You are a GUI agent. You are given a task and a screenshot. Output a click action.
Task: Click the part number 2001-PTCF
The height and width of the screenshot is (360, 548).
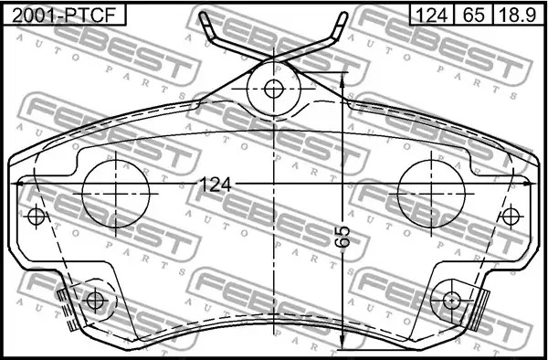point(64,16)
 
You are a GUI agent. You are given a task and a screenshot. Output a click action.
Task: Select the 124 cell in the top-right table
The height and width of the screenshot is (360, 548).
point(432,15)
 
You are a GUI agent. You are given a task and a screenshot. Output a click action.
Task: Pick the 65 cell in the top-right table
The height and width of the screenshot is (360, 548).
point(473,15)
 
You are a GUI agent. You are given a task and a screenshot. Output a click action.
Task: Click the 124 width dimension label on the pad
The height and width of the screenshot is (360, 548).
point(215,185)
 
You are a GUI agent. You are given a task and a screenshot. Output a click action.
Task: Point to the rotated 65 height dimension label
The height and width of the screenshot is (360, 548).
point(344,237)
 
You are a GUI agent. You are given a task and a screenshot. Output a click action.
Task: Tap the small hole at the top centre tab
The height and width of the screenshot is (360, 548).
point(274,89)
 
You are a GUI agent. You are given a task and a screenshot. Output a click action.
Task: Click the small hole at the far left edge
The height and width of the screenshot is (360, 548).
point(37,217)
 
